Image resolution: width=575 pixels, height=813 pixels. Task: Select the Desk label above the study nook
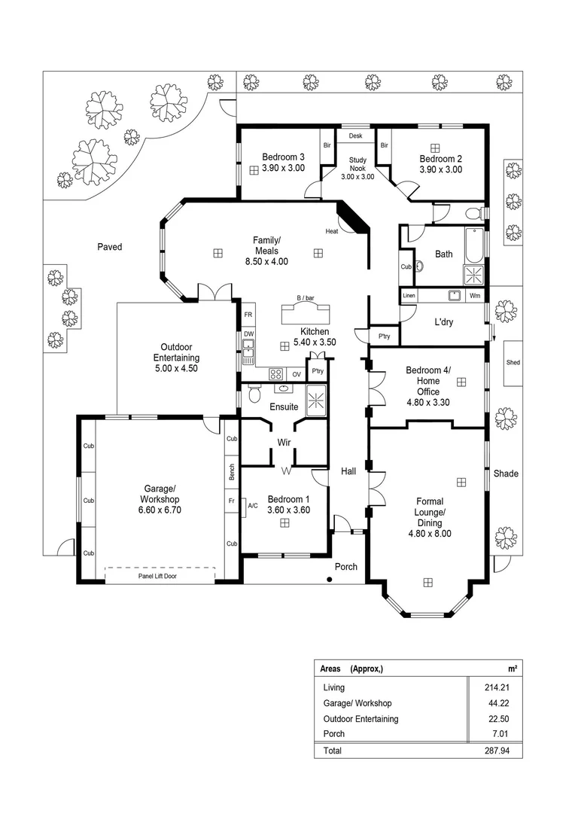[x=356, y=136]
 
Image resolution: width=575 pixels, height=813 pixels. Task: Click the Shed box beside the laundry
[x=513, y=363]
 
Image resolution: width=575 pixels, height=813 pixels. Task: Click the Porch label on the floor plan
[x=346, y=566]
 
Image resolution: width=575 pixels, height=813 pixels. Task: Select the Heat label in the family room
[x=331, y=231]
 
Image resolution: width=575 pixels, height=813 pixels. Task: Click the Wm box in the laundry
[x=474, y=296]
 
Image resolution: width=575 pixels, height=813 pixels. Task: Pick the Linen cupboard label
[x=409, y=296]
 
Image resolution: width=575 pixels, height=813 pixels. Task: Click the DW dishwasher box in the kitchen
[x=248, y=333]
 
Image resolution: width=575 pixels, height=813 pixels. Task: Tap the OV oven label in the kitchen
[x=297, y=373]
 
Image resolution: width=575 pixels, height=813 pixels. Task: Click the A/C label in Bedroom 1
[x=253, y=506]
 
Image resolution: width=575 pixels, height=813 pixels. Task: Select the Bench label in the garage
[x=233, y=472]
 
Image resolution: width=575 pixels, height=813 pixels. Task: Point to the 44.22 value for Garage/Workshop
[x=507, y=703]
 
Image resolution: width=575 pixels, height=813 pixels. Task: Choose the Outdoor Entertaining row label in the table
[x=361, y=719]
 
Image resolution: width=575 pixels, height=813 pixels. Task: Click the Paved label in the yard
[x=109, y=246]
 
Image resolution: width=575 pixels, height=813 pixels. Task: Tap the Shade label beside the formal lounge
[x=506, y=473]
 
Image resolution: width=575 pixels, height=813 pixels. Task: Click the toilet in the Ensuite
[x=254, y=394]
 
